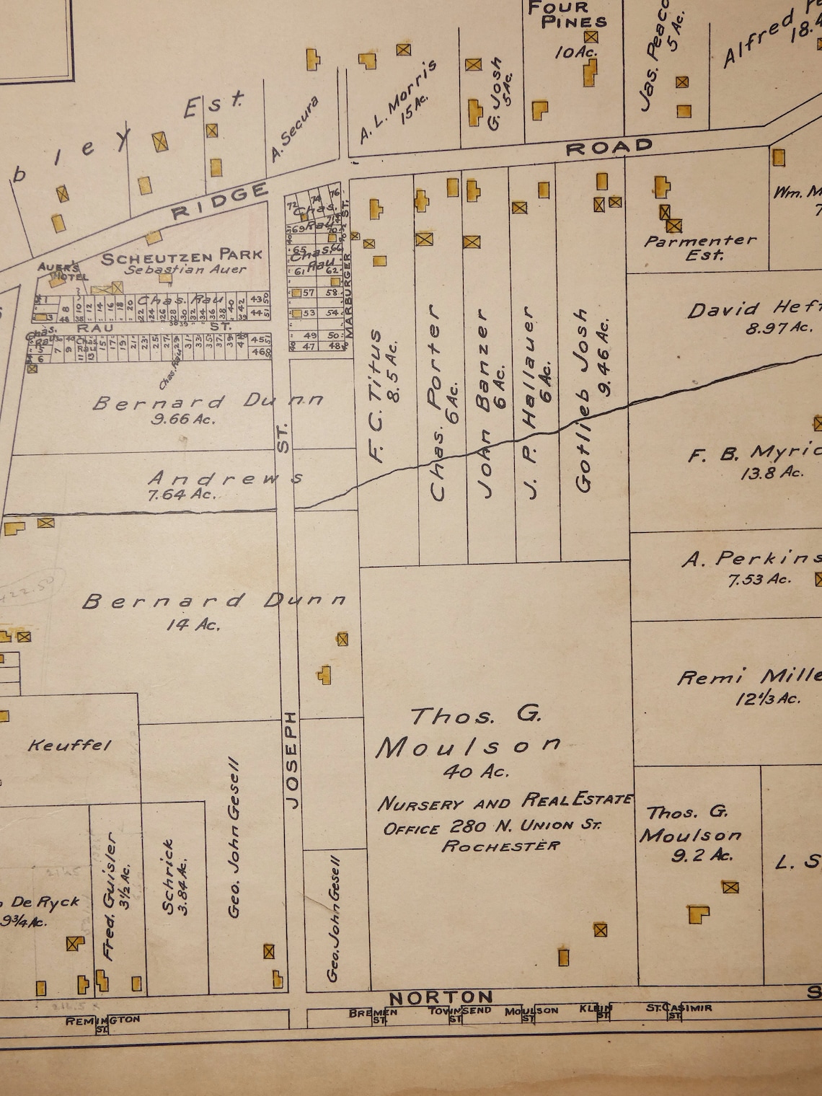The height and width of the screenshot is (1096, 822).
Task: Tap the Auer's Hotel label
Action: pyautogui.click(x=63, y=270)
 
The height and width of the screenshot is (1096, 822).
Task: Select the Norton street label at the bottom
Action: pyautogui.click(x=441, y=997)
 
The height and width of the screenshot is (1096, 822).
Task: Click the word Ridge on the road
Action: pyautogui.click(x=220, y=201)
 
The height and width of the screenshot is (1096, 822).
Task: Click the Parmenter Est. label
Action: pyautogui.click(x=699, y=247)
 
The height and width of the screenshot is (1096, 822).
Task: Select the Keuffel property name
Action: pyautogui.click(x=69, y=745)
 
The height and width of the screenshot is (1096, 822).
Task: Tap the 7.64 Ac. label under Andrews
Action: pyautogui.click(x=181, y=495)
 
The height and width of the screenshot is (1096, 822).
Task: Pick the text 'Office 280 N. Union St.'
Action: pyautogui.click(x=492, y=826)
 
